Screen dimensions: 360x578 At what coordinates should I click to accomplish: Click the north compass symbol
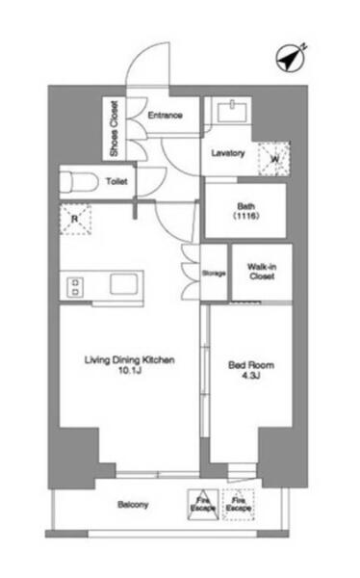(x=291, y=59)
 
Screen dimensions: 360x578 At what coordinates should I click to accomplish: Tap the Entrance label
(x=165, y=115)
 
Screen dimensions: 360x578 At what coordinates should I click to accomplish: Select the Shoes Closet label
(x=115, y=128)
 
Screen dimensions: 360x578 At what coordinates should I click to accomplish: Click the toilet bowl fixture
(x=79, y=182)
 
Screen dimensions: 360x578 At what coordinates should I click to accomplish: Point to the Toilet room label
(x=116, y=181)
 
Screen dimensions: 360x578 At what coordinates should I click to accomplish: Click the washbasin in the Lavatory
(x=232, y=111)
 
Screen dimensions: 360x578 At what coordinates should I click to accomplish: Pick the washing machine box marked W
(x=273, y=159)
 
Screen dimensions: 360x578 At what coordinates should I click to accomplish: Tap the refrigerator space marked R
(x=75, y=220)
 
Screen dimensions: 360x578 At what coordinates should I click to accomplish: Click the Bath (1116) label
(x=246, y=211)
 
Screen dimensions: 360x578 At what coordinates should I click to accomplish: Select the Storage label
(x=214, y=274)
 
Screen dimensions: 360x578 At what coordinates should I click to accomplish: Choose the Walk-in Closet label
(x=262, y=272)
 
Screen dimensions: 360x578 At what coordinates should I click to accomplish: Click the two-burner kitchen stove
(x=75, y=287)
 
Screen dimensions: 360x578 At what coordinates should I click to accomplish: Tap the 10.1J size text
(x=130, y=371)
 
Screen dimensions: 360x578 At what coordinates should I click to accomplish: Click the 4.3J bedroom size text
(x=251, y=376)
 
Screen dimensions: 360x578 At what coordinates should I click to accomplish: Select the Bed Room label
(x=251, y=365)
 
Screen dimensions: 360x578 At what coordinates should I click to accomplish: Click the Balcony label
(x=133, y=504)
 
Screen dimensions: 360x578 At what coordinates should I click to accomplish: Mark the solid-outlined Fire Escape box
(x=203, y=504)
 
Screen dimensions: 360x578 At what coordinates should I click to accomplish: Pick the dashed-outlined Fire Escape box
(x=239, y=504)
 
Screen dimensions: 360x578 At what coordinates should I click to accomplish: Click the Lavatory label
(x=228, y=153)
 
